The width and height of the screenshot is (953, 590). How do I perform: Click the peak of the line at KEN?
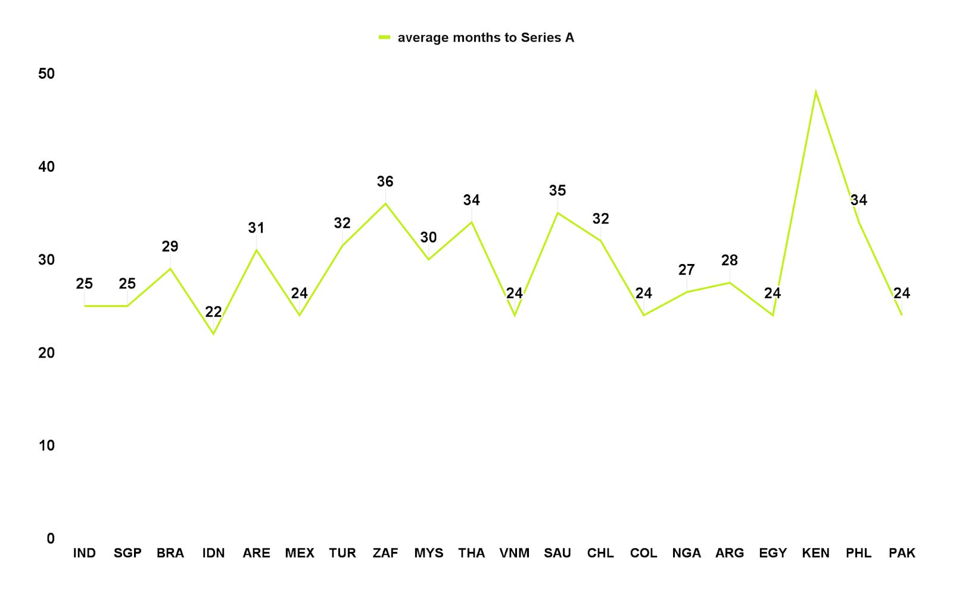coord(815,91)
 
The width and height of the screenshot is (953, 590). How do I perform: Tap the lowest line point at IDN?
coord(213,334)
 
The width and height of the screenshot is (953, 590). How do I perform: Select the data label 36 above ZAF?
coord(385,181)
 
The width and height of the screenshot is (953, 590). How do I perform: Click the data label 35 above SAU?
coord(558,190)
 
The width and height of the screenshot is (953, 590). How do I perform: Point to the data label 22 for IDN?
coord(213,312)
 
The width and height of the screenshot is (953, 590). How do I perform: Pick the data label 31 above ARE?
coord(256,228)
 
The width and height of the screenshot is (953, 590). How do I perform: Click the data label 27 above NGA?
coord(686,269)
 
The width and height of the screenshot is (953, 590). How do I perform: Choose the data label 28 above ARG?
coord(729,260)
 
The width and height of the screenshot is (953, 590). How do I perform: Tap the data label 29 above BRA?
coord(170,246)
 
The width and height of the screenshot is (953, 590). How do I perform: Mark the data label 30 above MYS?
coord(428,237)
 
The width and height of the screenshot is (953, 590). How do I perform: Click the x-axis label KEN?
coord(815,553)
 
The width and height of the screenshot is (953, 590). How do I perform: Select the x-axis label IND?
coord(84,553)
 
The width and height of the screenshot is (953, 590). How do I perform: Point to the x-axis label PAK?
coord(902,553)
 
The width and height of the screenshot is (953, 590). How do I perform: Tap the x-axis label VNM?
coord(515,553)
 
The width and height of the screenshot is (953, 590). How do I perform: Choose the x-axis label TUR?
coord(342,553)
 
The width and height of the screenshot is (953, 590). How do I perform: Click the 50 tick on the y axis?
coord(46,74)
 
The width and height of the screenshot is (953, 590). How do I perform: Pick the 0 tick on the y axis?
coord(51,539)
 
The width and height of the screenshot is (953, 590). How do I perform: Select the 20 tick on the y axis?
coord(46,352)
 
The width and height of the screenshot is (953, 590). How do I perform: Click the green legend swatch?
coord(384,38)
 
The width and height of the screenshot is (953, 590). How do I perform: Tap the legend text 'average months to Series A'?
coord(486,38)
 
